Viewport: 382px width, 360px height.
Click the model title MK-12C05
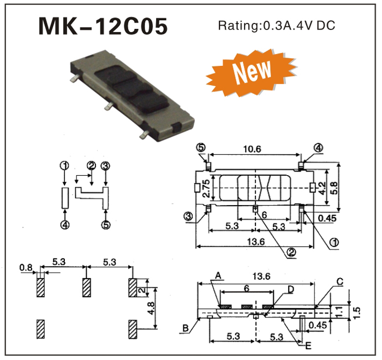(x=103, y=26)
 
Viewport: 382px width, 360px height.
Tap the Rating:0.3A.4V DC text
(x=277, y=25)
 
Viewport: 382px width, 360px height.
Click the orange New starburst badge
(x=252, y=73)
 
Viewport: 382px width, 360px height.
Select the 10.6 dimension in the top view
(x=252, y=149)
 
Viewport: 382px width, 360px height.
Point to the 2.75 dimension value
(x=207, y=188)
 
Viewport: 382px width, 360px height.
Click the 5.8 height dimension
(x=335, y=188)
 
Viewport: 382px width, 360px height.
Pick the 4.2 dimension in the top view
(x=323, y=188)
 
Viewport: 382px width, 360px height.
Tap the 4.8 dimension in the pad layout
(x=151, y=308)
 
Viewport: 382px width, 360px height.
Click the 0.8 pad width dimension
(x=26, y=267)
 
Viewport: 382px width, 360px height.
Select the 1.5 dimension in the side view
(x=356, y=310)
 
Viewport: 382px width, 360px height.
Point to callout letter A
(x=218, y=275)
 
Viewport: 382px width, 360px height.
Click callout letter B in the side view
(x=186, y=328)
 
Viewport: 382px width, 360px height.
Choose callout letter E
(x=308, y=346)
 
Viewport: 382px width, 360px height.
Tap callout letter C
(x=340, y=281)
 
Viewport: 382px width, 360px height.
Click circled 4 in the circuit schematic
(x=65, y=224)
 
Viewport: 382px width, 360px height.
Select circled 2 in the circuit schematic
(x=91, y=166)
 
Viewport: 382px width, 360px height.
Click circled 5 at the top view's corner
(x=201, y=147)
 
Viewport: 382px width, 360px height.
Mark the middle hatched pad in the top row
(x=86, y=287)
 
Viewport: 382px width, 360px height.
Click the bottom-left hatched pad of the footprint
(x=40, y=329)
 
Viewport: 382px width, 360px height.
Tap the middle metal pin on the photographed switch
(x=108, y=106)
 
